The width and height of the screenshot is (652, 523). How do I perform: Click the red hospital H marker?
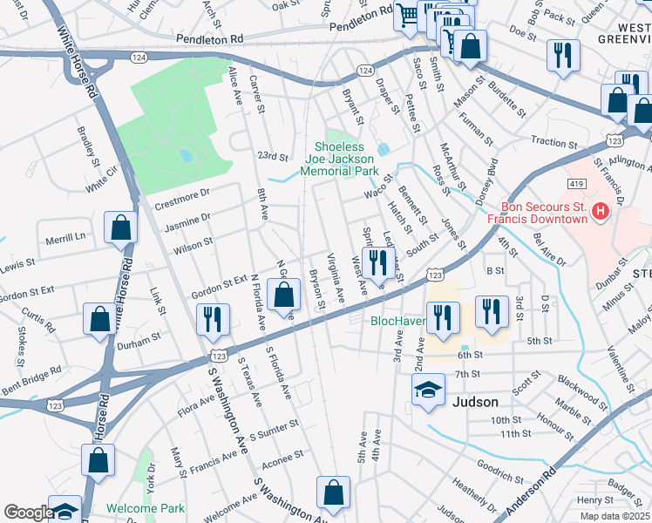click(x=599, y=211)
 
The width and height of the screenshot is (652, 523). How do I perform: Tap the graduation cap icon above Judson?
click(x=427, y=392)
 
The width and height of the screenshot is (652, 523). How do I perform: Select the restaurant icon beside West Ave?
click(x=377, y=262)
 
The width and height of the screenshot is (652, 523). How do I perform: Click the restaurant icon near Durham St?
click(x=211, y=320)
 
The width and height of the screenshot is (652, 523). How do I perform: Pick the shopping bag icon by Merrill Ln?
click(x=120, y=228)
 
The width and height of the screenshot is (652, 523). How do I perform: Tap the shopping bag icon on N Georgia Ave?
click(x=283, y=296)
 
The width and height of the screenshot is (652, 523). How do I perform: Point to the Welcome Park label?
click(x=146, y=508)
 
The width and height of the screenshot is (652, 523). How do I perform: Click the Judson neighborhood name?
click(x=475, y=402)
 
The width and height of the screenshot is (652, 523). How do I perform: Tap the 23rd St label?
click(x=272, y=157)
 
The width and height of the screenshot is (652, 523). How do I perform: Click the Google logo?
click(x=28, y=513)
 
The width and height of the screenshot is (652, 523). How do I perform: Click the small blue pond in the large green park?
click(x=185, y=157)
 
